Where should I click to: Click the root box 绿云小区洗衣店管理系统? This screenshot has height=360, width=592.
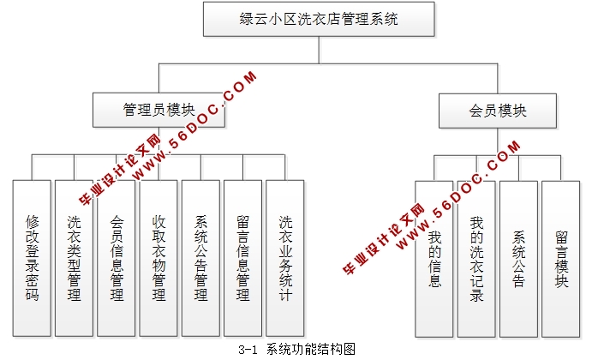319,18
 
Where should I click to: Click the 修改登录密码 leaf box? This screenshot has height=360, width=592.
33,258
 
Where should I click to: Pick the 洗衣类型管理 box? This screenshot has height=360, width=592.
75,258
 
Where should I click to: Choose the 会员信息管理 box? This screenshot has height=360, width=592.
117,258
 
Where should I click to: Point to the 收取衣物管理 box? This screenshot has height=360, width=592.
159,258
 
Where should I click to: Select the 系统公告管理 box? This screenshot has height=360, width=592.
202,258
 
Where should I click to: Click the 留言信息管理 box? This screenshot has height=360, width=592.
244,258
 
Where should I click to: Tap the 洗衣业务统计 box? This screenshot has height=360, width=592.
286,258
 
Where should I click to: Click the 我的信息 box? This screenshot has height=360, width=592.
435,258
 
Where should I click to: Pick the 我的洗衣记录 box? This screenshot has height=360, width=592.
477,258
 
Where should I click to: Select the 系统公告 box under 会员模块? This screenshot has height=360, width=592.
519,258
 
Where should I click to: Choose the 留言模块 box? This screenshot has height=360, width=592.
561,258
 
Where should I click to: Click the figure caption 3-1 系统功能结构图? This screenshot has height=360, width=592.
296,350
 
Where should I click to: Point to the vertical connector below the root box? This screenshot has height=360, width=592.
319,50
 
